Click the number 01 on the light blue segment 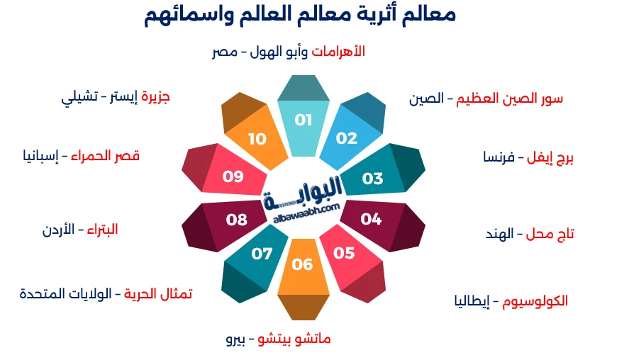[304, 120]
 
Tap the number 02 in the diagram [347, 138]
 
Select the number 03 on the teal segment [372, 179]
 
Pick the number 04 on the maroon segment [371, 219]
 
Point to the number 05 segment [344, 253]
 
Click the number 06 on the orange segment [302, 264]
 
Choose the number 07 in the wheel [262, 253]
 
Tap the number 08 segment [237, 220]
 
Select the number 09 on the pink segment [233, 177]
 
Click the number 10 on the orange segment [257, 139]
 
